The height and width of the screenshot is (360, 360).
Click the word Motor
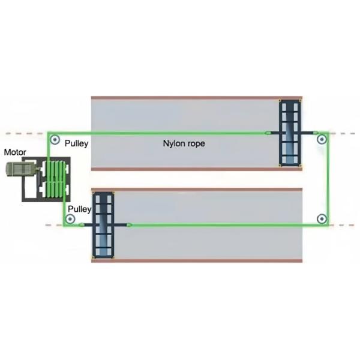coord(15,152)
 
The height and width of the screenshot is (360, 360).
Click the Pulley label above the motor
coord(76,144)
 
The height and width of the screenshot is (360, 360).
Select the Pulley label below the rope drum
coord(79,209)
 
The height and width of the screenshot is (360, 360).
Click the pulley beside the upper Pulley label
coord(55,142)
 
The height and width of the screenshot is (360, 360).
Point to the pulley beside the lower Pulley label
coord(70,220)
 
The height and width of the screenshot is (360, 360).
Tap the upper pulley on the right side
coord(322,140)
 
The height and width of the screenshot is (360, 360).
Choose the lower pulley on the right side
coord(322,218)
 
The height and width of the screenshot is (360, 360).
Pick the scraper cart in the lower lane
coord(103,224)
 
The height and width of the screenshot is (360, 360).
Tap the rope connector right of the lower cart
coord(129,225)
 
